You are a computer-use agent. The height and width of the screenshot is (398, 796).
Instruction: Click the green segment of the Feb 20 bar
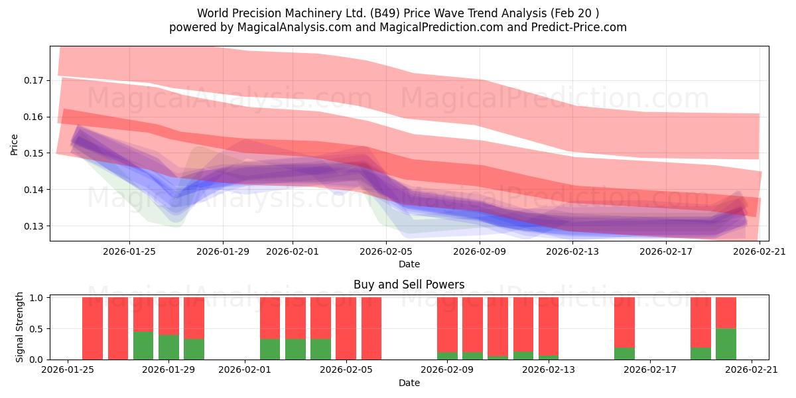pos(726,344)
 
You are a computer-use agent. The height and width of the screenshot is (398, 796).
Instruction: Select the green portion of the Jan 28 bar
pos(143,346)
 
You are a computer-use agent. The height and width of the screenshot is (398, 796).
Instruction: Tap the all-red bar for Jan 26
pos(92,328)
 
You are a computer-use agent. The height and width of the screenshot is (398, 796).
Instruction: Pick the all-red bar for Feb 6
pos(371,328)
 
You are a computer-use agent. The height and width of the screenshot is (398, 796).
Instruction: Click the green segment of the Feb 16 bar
pos(624,354)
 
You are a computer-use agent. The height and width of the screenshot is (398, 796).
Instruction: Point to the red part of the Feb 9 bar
pos(447,325)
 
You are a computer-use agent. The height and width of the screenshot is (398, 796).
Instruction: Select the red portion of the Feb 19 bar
pos(700,322)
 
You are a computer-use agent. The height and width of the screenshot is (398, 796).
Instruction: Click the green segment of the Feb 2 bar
pos(270,350)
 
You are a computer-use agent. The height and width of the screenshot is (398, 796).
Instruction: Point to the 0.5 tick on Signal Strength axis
pos(36,329)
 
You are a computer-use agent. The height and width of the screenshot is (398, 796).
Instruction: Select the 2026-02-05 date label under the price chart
pos(386,251)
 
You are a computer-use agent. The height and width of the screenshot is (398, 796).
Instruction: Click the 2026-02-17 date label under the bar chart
pos(650,369)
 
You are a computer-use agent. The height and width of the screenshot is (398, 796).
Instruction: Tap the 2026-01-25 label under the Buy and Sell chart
pos(68,369)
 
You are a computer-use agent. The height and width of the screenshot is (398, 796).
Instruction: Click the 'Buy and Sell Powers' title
pos(409,285)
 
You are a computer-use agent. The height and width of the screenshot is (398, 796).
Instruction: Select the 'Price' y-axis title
pos(14,145)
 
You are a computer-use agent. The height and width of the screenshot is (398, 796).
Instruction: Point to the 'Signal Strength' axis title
pos(19,327)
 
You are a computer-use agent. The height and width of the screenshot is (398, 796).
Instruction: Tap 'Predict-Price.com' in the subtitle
pos(579,27)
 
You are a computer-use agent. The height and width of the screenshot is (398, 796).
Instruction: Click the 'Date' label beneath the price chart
pos(409,264)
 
